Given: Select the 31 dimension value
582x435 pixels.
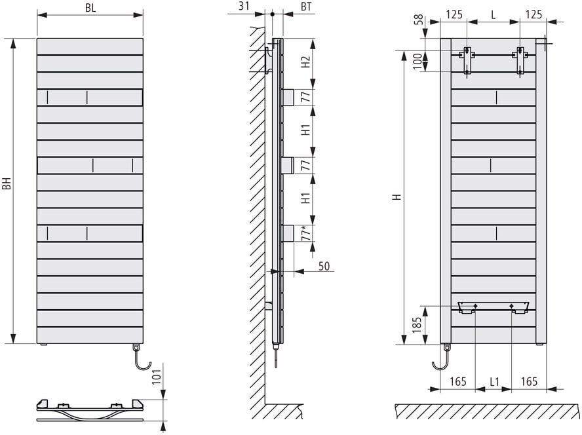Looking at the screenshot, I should tap(244, 6).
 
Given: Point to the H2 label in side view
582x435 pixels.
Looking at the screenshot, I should tap(305, 63).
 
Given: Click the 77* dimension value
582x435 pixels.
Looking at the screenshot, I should tap(305, 233).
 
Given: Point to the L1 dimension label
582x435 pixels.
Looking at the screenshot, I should tap(495, 381).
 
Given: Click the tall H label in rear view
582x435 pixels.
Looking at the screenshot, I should tap(395, 197).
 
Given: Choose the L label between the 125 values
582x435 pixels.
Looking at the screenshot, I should tap(493, 12).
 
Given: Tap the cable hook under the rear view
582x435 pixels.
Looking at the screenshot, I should tap(440, 360).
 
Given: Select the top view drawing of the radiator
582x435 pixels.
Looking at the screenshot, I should tap(89, 409).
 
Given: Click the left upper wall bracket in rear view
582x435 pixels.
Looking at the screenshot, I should tap(467, 60).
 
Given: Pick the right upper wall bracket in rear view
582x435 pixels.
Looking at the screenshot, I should tap(520, 60).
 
